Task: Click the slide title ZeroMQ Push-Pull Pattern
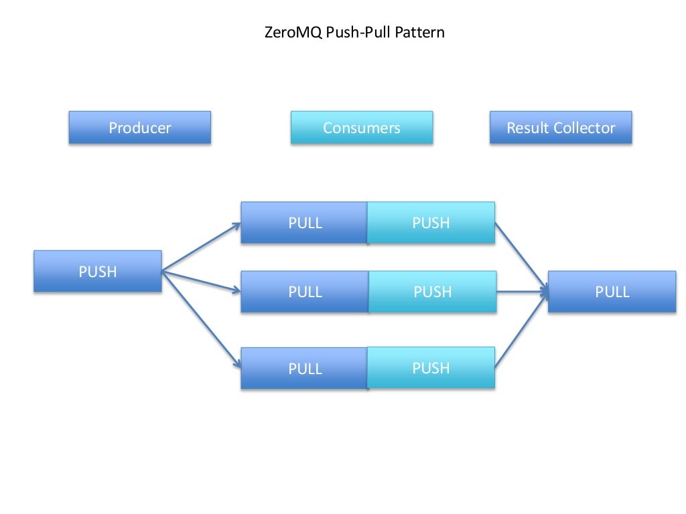point(355,31)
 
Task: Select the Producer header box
point(140,128)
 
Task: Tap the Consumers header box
point(362,128)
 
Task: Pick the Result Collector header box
point(561,128)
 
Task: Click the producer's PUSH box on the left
point(98,271)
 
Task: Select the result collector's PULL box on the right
point(612,292)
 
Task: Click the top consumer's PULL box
point(304,223)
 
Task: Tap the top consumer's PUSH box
point(431,223)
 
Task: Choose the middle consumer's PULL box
point(305,292)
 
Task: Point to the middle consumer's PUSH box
point(433,292)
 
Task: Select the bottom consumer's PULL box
point(305,369)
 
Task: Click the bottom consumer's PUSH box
point(431,368)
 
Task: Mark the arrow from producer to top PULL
point(201,247)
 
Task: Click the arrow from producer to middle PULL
point(201,281)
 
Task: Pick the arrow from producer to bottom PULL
point(201,319)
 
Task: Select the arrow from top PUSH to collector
point(521,257)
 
